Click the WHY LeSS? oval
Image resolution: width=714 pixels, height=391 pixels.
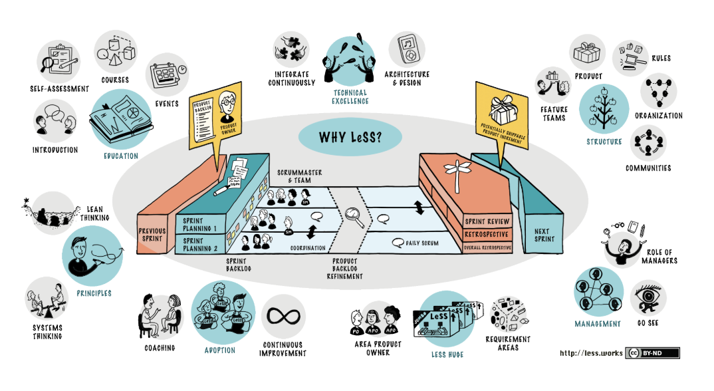[350, 138]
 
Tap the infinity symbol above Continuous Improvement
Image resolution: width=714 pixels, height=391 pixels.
[283, 317]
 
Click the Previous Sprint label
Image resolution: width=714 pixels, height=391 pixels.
[152, 234]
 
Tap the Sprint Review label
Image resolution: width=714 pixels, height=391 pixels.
[487, 221]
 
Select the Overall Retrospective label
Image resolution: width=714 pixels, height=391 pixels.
[487, 247]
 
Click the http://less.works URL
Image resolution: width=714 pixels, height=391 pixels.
[590, 353]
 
